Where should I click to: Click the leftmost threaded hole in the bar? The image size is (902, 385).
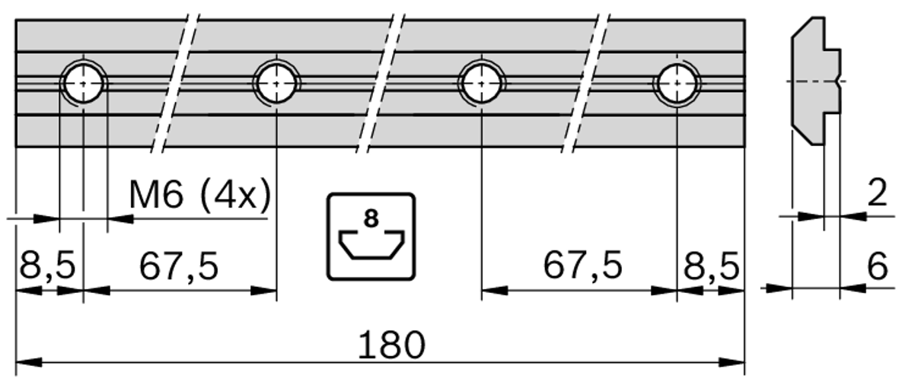point(83,82)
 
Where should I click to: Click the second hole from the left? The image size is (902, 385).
point(277,82)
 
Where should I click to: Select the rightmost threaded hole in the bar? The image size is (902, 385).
point(677,82)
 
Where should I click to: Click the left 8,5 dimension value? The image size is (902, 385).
point(46,267)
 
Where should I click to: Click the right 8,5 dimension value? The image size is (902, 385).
point(710,267)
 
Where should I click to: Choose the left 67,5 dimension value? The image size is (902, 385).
point(178,267)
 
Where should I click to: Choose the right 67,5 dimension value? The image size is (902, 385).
point(582,267)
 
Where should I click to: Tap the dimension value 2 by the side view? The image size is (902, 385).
point(878,195)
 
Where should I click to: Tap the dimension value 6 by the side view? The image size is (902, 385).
point(878,267)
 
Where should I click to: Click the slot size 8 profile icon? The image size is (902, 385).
point(371,236)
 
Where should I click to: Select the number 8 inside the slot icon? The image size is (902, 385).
point(371,219)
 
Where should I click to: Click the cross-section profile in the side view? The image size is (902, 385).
point(814,81)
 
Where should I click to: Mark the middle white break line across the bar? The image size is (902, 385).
point(378,82)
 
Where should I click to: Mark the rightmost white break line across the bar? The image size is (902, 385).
point(585,82)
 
